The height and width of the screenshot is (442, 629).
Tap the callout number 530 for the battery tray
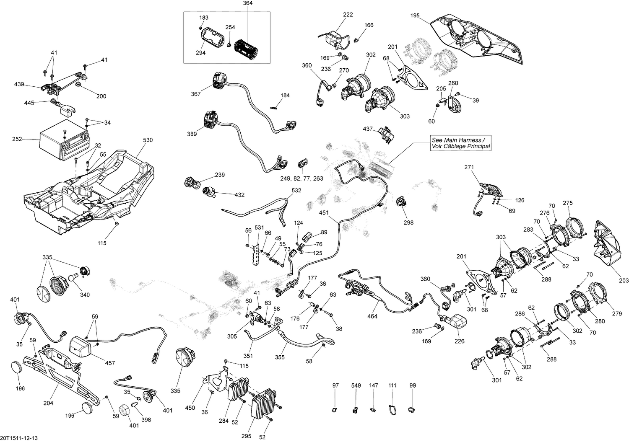(148, 140)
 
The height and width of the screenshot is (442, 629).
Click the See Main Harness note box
(461, 143)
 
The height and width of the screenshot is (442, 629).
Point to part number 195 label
(414, 16)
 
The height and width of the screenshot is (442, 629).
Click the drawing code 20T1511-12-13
(21, 438)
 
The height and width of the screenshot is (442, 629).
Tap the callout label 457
(109, 363)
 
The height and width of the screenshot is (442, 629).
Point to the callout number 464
(372, 316)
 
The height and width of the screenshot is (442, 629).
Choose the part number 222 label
(348, 14)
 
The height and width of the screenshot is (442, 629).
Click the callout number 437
(368, 129)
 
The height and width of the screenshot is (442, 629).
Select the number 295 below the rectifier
(246, 436)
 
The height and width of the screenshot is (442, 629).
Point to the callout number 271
(469, 167)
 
